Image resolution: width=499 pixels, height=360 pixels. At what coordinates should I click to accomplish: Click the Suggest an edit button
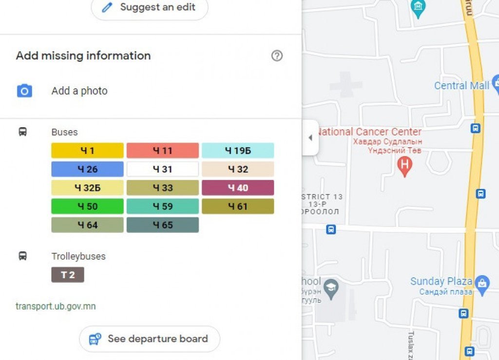tap(150, 7)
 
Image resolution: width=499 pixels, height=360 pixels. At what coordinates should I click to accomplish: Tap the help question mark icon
tap(277, 56)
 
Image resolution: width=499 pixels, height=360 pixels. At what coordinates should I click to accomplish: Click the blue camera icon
tap(24, 91)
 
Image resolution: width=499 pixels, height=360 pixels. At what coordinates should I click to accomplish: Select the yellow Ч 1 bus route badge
tap(87, 151)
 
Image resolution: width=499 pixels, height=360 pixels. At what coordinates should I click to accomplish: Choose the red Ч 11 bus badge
tap(162, 151)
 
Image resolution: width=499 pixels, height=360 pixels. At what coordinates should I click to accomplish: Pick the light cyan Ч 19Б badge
tap(238, 151)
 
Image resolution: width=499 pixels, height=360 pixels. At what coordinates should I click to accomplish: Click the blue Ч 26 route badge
tap(87, 169)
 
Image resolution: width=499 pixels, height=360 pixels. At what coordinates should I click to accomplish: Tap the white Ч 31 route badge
tap(162, 169)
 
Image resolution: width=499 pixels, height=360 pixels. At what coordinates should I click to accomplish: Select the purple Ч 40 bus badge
tap(238, 188)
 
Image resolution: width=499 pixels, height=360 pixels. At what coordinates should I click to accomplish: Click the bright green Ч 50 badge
tap(87, 206)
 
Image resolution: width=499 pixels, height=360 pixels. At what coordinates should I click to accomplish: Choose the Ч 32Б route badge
tap(87, 188)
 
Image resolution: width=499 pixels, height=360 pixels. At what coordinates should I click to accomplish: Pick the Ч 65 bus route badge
tap(162, 225)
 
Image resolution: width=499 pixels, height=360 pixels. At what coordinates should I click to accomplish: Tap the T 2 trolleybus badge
tap(68, 275)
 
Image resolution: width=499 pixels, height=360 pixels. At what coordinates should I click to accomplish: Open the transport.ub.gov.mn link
tap(56, 306)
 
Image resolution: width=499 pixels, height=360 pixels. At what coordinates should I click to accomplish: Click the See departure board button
tap(150, 339)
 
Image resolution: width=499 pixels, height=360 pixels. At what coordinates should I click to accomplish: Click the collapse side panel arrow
tap(310, 138)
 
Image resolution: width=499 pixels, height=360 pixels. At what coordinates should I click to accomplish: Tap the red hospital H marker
tap(404, 166)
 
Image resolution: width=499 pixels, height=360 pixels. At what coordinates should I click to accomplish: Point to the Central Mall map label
tap(461, 86)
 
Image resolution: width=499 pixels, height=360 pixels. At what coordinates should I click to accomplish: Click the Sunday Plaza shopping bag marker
tap(482, 284)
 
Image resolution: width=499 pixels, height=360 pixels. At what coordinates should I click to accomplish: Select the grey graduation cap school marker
tap(331, 286)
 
